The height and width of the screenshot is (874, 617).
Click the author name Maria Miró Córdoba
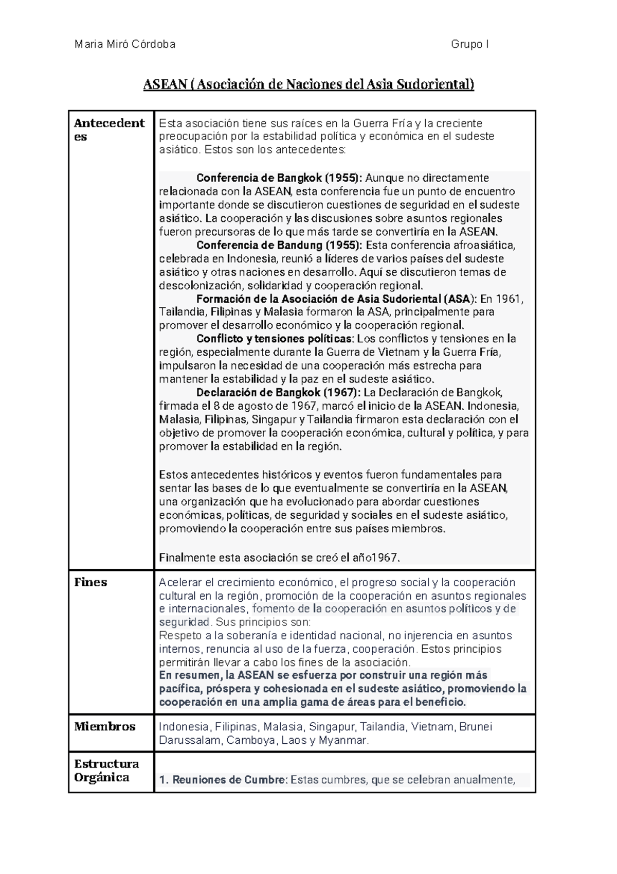(125, 44)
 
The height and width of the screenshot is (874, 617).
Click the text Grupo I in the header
(469, 44)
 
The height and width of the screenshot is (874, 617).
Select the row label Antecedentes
(109, 130)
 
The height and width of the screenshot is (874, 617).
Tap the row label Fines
(90, 582)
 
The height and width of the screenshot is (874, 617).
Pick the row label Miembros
(104, 726)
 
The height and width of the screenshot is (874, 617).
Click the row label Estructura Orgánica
(106, 770)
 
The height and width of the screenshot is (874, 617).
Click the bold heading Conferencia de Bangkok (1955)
(279, 178)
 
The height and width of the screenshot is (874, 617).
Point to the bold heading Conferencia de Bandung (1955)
(279, 245)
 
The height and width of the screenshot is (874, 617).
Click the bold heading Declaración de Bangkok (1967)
(279, 393)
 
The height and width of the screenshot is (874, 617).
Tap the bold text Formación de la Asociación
(267, 299)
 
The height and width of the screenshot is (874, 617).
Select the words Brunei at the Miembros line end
(476, 727)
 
